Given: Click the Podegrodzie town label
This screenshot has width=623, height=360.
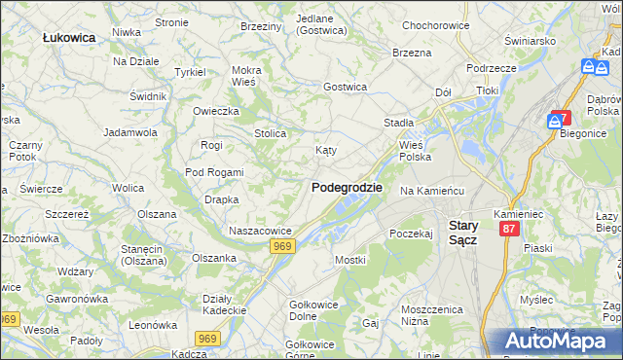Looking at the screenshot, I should tap(347, 188).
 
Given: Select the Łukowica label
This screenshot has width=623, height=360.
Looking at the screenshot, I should tap(69, 37).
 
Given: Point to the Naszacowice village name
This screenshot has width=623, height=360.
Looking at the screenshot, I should tap(260, 231).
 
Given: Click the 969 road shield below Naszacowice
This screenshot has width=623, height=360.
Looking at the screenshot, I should tap(283, 247).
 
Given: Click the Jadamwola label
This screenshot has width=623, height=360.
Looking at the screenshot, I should tap(131, 131).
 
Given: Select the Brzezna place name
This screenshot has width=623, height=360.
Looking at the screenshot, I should tap(412, 53).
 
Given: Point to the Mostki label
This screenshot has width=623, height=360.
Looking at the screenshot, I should tap(349, 260).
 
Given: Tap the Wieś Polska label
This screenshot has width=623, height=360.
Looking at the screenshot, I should tap(415, 151).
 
